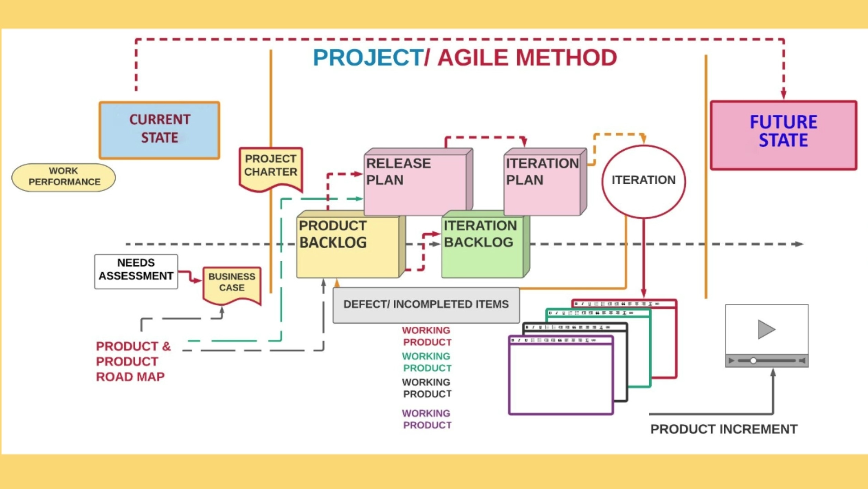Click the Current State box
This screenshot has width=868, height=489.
coord(160,130)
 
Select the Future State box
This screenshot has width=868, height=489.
coord(783,135)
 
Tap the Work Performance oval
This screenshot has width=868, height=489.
coord(64,177)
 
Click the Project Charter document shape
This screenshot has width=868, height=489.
coord(271,168)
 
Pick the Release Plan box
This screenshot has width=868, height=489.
coord(418,182)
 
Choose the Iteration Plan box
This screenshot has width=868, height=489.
coord(545,182)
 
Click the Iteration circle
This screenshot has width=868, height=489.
coord(643,182)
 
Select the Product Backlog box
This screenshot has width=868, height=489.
coord(351,244)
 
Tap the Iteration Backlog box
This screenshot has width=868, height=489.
coord(486,244)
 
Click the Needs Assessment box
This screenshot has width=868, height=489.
coord(136,272)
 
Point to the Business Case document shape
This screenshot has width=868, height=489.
coord(232,285)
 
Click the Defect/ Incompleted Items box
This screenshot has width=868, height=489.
coord(426,305)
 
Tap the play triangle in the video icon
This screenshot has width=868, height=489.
coord(766,329)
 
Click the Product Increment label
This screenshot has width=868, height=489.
coord(724,429)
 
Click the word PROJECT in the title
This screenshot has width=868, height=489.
coord(368,58)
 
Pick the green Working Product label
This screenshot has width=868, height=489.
coord(427,362)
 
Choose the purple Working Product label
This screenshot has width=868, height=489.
coord(427,419)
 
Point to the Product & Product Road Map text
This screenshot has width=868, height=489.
coord(133,361)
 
